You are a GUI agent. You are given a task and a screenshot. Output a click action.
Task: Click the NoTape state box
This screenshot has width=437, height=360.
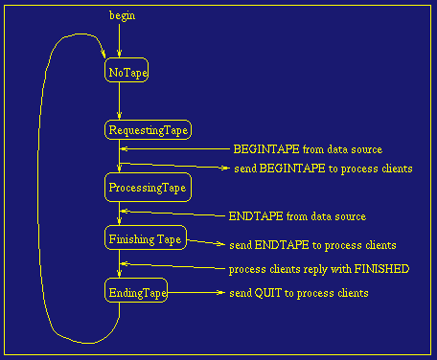pos(126,72)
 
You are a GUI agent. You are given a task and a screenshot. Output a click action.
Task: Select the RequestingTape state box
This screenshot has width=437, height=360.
pos(148,129)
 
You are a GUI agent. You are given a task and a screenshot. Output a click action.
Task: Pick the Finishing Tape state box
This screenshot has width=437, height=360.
pos(146,238)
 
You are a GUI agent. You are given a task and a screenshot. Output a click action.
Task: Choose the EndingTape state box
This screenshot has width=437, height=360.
pos(135,293)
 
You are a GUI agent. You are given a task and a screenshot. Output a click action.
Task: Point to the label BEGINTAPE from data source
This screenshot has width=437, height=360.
pos(308,149)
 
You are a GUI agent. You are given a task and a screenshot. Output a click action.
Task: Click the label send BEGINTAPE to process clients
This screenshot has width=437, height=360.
pos(323,169)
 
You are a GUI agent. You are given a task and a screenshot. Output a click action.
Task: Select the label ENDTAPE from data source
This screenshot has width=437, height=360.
pos(297,216)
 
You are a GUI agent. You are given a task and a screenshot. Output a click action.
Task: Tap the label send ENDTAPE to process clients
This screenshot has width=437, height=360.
pos(312,245)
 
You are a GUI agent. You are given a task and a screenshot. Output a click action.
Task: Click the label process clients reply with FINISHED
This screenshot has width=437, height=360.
pos(319,269)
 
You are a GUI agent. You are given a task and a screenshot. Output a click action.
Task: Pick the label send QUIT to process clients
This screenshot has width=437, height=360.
pos(298,293)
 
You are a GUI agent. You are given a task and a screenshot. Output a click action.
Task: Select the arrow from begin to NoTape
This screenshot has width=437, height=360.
pos(119,40)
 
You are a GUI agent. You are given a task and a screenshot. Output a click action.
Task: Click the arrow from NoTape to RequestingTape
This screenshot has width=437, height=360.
pos(119,101)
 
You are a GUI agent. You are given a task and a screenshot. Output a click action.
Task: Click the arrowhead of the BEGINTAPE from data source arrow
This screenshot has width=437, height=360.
pos(123,148)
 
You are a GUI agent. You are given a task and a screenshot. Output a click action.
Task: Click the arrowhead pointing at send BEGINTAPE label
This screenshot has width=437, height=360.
pos(224,169)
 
